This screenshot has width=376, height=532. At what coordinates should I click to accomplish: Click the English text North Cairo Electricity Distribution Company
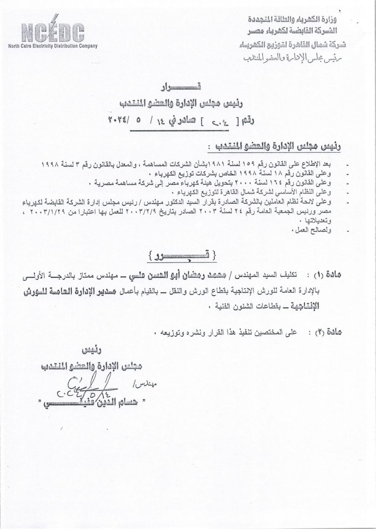[x=53, y=46]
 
